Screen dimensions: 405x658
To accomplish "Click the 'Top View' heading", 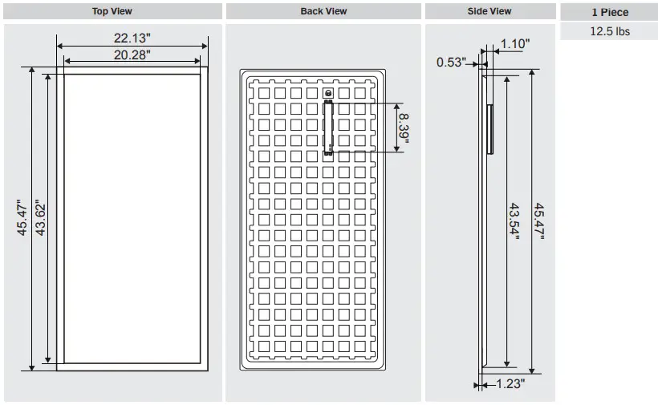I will pos(112,11).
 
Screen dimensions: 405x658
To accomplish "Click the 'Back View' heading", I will pos(323,11).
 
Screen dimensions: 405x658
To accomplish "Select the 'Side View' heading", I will pos(489,11).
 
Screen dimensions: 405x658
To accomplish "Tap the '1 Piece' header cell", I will pos(610,12).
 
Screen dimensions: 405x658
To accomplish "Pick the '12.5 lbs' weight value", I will pos(610,31).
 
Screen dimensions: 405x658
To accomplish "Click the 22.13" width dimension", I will pos(132,38).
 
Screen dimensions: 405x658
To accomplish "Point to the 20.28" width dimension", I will pos(132,54).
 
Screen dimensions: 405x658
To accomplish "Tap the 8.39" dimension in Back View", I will pos(404,127).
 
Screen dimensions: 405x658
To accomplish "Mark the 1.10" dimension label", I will pos(514,44).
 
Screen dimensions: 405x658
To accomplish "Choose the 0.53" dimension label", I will pos(451,62).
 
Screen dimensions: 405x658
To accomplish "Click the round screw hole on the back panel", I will pos(327,94).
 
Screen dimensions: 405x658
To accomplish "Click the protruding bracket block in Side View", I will pos(489,128).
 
